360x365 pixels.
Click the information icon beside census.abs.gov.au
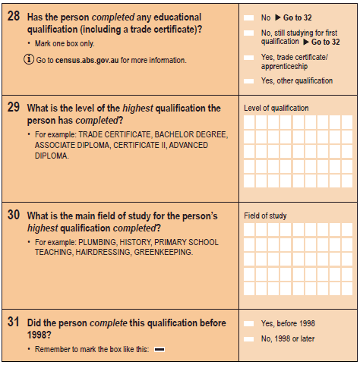pyautogui.click(x=30, y=59)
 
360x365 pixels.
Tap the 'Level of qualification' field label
pyautogui.click(x=276, y=108)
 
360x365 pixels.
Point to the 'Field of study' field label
pyautogui.click(x=265, y=216)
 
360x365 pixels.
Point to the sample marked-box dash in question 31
pyautogui.click(x=159, y=349)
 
